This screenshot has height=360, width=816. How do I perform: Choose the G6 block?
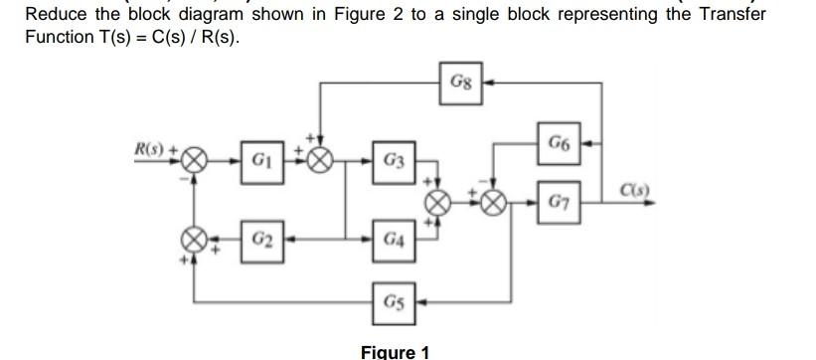click(x=558, y=143)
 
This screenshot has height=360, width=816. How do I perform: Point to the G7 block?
click(x=558, y=203)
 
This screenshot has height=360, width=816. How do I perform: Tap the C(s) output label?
click(x=633, y=190)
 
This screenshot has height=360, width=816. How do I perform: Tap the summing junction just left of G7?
click(x=493, y=203)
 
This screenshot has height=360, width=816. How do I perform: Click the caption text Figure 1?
click(x=395, y=351)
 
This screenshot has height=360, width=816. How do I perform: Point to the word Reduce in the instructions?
click(x=58, y=15)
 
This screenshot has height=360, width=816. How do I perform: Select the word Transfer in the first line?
click(x=731, y=15)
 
